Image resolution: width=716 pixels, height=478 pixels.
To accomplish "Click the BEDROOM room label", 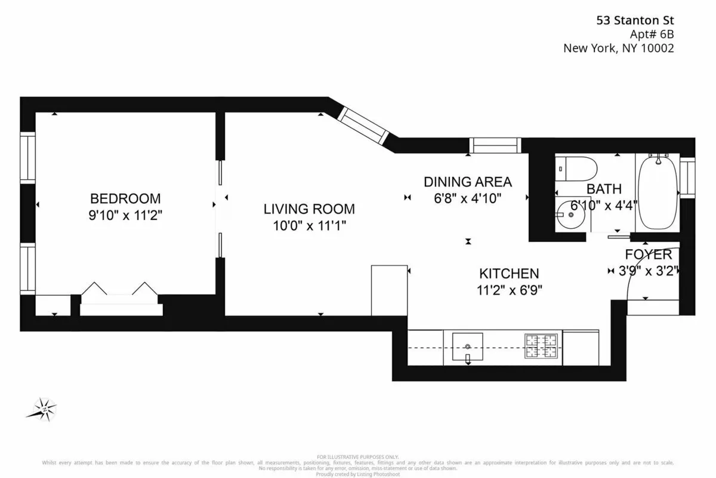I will point(125,198).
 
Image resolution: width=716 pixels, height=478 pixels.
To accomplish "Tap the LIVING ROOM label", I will point(309,209).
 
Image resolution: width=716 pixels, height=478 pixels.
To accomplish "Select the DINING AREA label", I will point(468,182).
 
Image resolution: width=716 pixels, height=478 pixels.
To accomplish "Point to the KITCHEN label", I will point(509,274).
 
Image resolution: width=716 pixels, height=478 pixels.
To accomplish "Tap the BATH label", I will point(604,189).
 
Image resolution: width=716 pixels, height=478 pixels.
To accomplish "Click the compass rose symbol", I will point(42,409).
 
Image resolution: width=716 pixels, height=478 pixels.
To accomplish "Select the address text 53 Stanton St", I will point(635,20).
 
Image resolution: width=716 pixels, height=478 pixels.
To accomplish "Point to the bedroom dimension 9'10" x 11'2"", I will point(125,215).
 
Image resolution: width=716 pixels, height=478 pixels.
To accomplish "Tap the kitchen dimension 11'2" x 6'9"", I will point(509,290).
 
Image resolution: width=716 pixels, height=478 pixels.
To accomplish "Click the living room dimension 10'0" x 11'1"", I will point(309,225).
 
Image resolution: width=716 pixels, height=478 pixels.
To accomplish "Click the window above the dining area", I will point(495,145).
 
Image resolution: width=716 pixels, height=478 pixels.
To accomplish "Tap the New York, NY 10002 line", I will point(619,49).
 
